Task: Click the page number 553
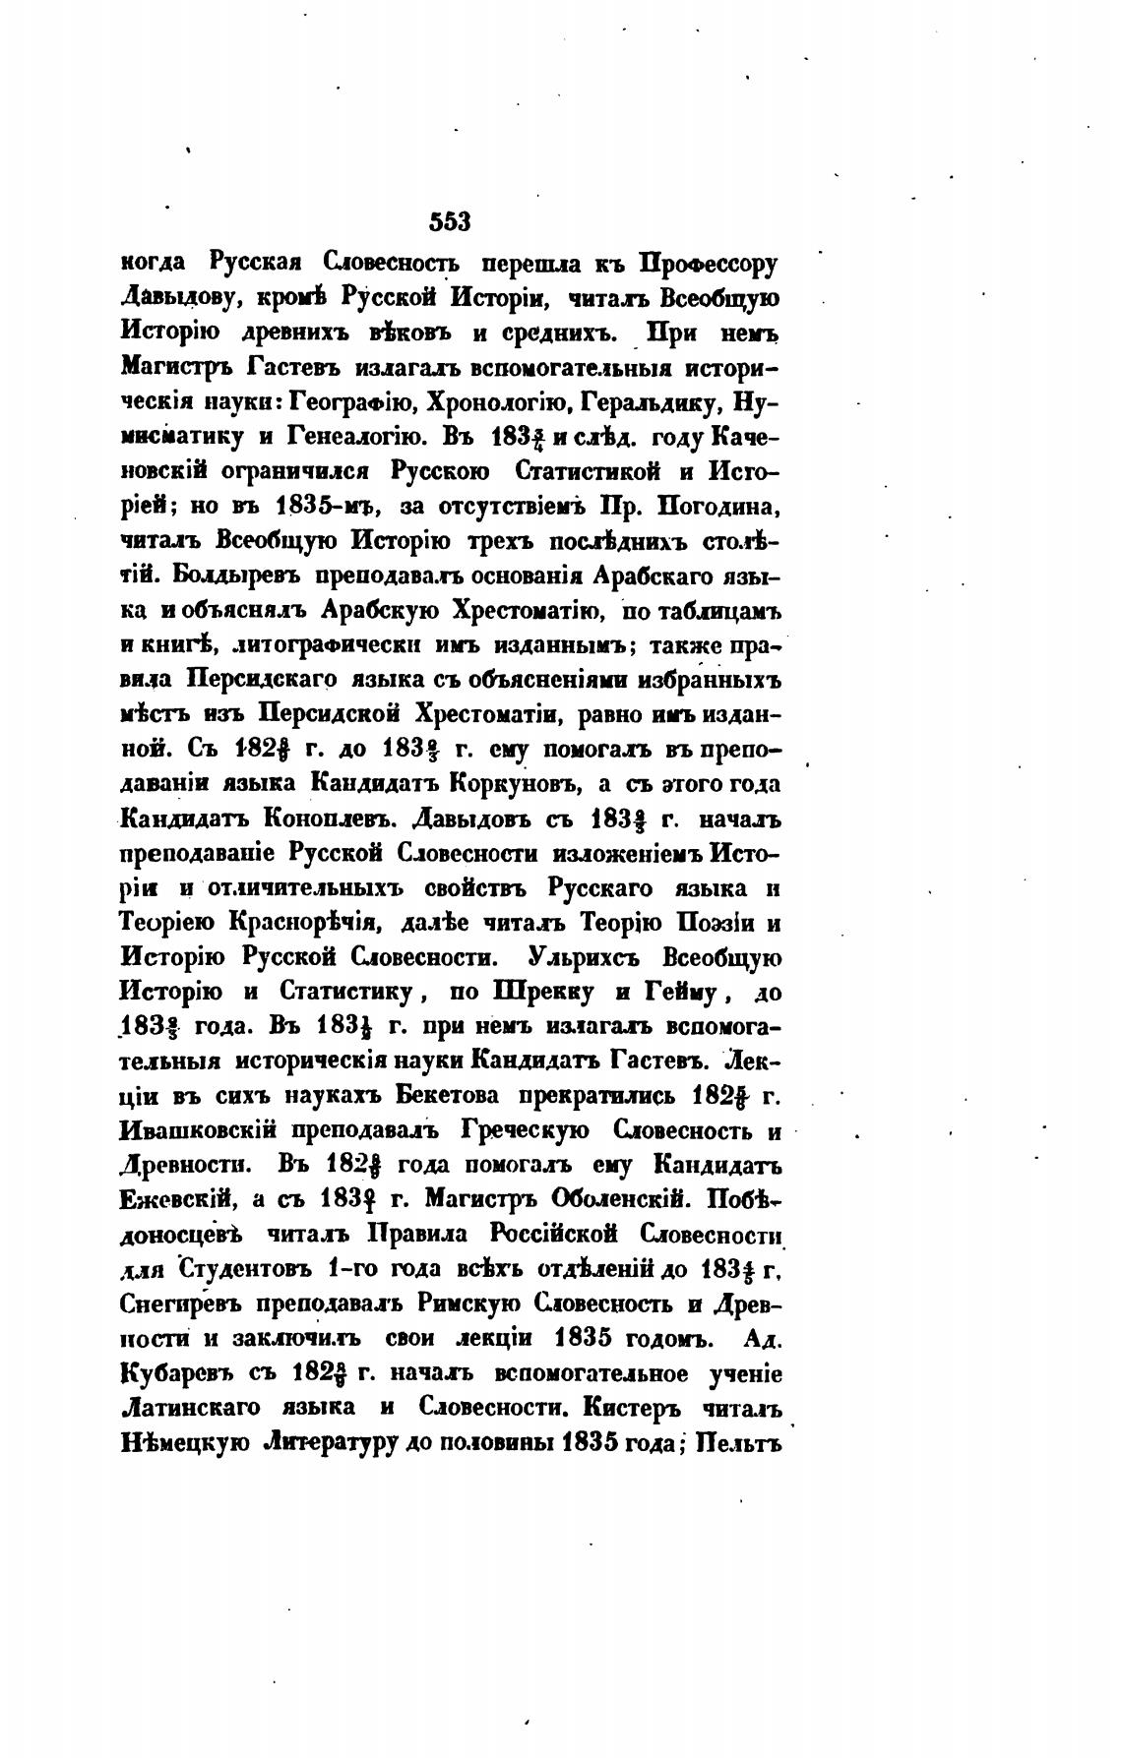(x=452, y=222)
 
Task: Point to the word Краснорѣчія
(x=313, y=925)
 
